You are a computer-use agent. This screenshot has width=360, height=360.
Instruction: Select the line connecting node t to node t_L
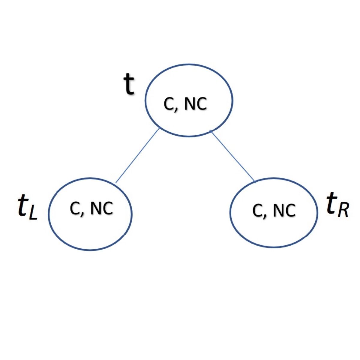(x=137, y=155)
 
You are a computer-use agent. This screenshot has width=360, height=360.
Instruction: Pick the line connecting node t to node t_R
(x=233, y=156)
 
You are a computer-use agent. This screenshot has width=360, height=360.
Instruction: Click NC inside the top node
(x=195, y=104)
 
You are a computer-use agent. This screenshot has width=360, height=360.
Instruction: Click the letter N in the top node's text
(x=189, y=104)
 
